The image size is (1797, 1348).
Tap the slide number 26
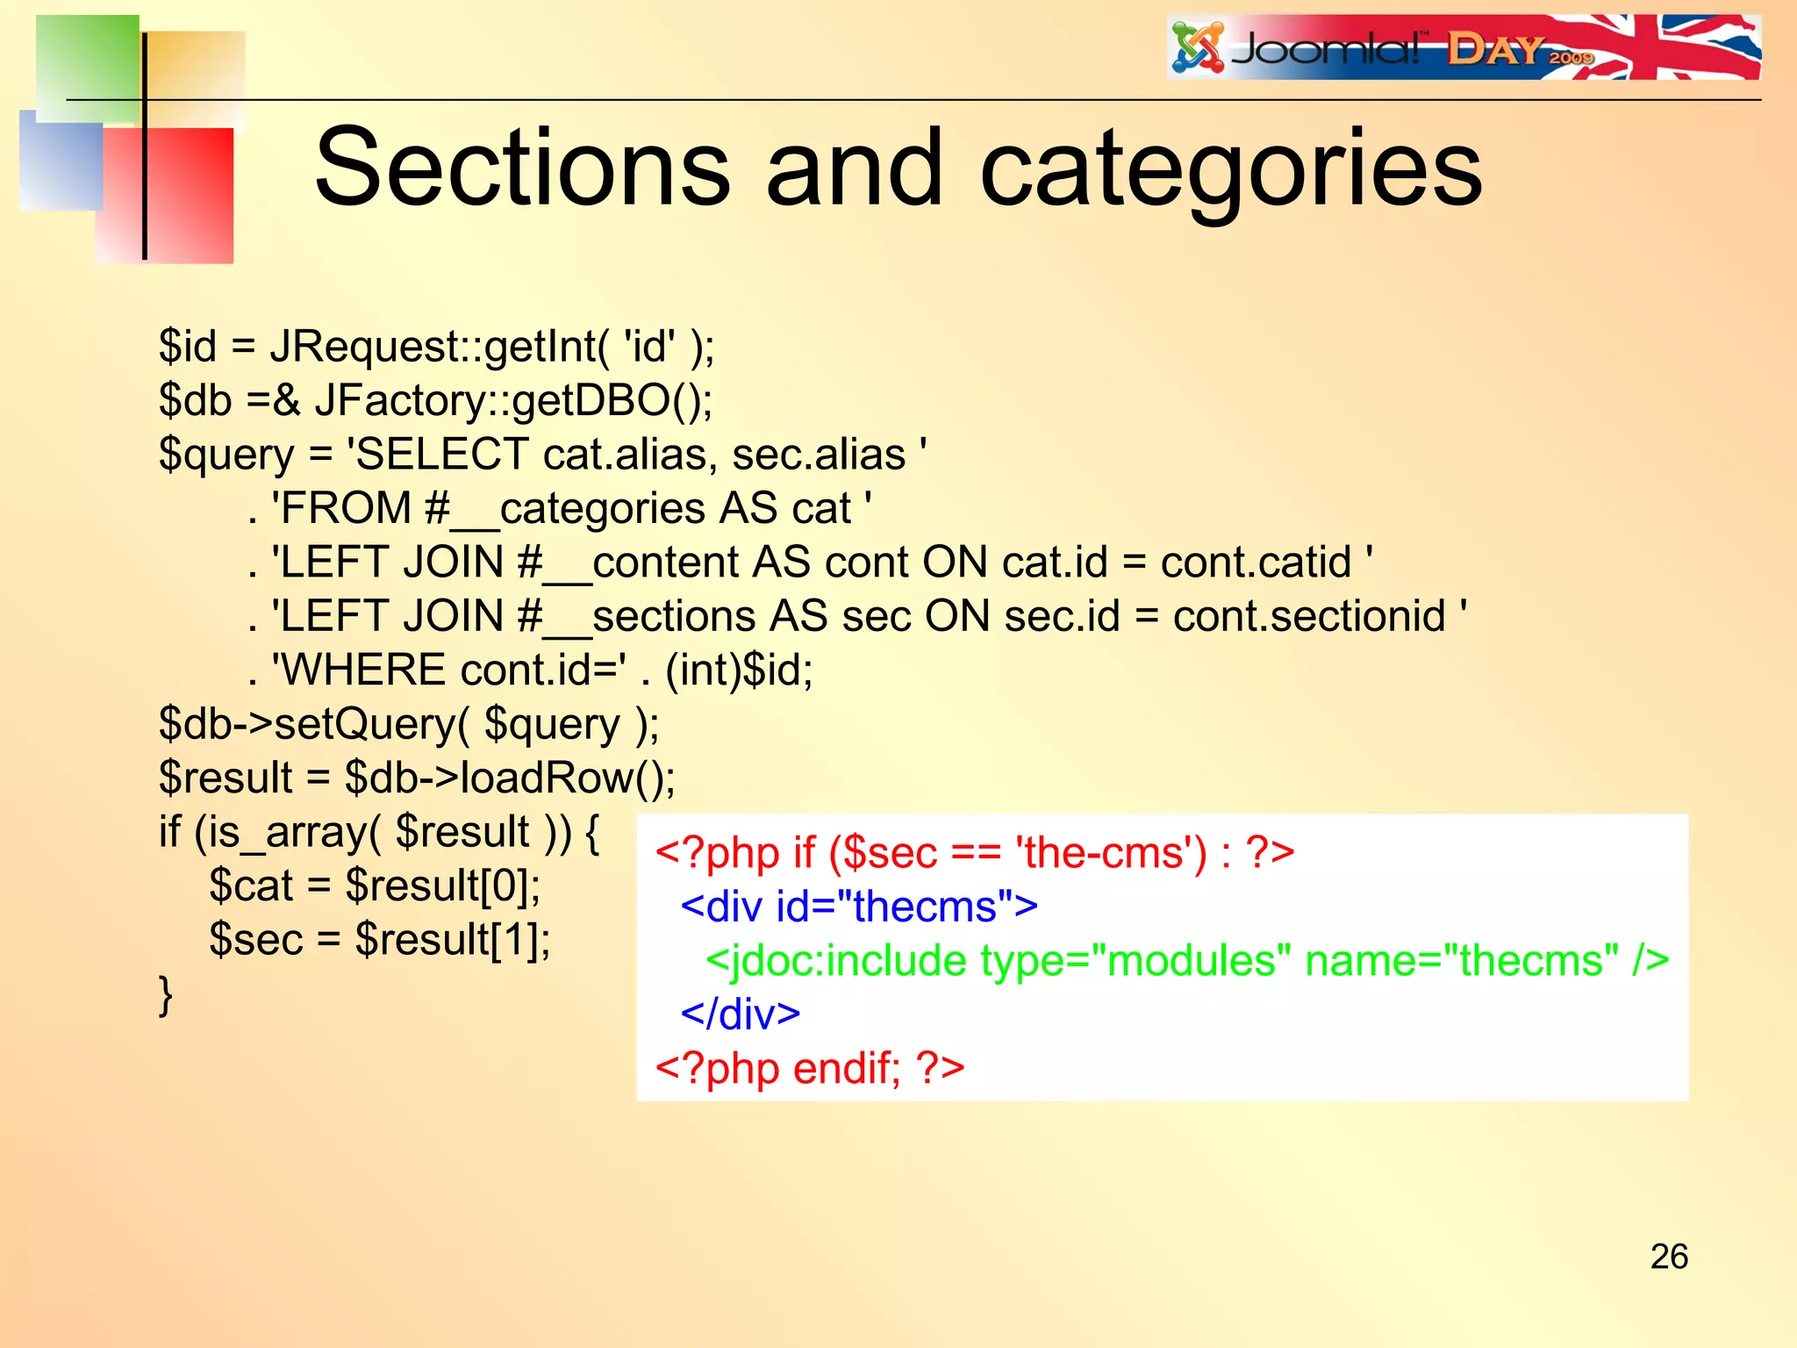click(1668, 1257)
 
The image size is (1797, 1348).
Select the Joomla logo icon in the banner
click(1198, 48)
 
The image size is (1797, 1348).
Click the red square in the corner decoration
click(184, 197)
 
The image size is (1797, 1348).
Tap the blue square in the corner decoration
click(60, 162)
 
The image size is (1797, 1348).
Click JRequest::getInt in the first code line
click(434, 347)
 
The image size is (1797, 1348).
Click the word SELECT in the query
click(443, 455)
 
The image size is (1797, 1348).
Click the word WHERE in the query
click(364, 670)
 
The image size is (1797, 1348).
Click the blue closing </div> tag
click(740, 1015)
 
